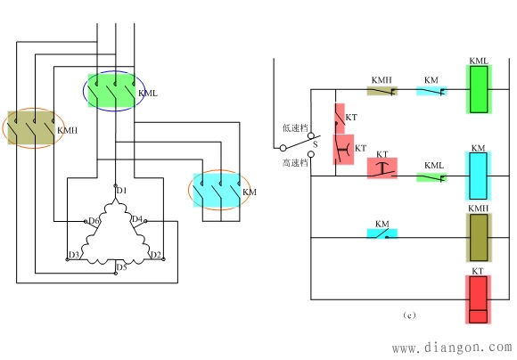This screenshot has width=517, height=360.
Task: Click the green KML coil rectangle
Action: [479, 89]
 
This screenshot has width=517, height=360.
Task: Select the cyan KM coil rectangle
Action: [478, 176]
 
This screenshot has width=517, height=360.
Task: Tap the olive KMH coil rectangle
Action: [479, 237]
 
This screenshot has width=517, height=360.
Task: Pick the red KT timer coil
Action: [478, 299]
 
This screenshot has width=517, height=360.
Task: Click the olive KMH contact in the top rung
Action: [382, 91]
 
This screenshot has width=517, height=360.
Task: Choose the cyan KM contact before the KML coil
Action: [431, 91]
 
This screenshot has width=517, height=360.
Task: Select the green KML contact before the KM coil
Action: [431, 177]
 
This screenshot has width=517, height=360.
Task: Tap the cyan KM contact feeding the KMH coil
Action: [382, 233]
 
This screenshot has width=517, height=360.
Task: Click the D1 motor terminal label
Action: [121, 191]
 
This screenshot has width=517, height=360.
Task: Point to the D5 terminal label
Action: [121, 267]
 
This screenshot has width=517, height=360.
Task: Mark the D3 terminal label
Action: [74, 255]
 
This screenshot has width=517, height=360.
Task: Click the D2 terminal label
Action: [156, 255]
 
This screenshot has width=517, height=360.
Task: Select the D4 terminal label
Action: [137, 219]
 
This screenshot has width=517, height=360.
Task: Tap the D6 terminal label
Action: [94, 221]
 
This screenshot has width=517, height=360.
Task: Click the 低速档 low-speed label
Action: [295, 128]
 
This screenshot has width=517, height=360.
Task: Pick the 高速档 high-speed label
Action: [295, 163]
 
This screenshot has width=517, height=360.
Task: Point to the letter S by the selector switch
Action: [316, 144]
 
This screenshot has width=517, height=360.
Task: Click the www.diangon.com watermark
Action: [452, 348]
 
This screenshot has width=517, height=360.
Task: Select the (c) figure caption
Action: [409, 315]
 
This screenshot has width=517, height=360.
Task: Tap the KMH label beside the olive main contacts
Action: [68, 131]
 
